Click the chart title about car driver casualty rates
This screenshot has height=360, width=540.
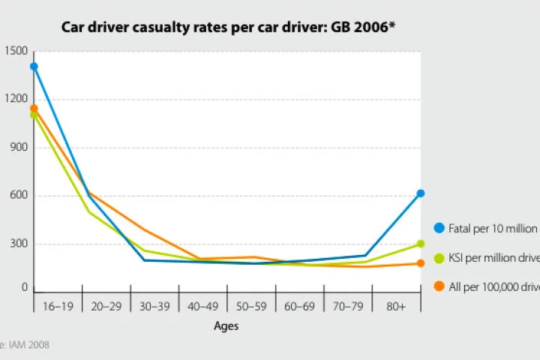[229, 28]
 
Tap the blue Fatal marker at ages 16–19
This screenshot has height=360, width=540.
[34, 67]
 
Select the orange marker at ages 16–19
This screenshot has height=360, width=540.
[34, 109]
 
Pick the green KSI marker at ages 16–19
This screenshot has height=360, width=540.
[34, 115]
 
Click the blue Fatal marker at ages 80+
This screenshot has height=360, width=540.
[421, 193]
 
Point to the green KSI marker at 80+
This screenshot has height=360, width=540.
[421, 244]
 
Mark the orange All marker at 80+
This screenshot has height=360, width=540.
[421, 263]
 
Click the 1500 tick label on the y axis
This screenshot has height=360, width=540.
[15, 51]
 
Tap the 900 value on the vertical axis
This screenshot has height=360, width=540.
[18, 148]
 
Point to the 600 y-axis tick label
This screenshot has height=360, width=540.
[18, 196]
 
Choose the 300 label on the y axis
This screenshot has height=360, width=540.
[18, 244]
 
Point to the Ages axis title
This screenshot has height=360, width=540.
[226, 326]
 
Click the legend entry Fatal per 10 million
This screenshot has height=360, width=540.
[487, 228]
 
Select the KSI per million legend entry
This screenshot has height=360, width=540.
[487, 258]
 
